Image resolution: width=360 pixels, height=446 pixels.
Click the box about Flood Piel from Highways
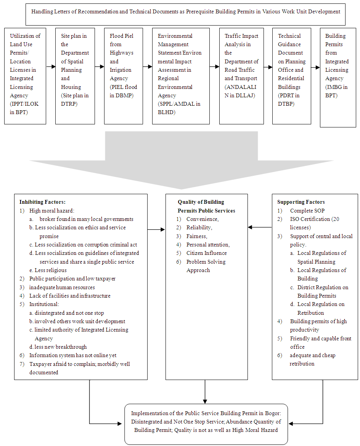pyautogui.click(x=124, y=76)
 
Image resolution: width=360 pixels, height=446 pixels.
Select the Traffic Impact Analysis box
pyautogui.click(x=241, y=76)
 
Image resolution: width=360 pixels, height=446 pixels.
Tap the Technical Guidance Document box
pyautogui.click(x=292, y=76)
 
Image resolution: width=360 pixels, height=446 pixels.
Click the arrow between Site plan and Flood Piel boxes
pyautogui.click(x=100, y=67)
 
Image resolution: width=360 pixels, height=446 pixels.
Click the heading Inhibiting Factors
pyautogui.click(x=42, y=202)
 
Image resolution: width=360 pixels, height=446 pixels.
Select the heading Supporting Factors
pyautogui.click(x=301, y=202)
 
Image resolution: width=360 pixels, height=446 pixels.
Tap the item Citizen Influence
pyautogui.click(x=206, y=253)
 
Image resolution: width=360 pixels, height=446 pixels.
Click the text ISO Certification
pyautogui.click(x=310, y=219)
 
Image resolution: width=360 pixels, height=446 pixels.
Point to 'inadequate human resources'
pyautogui.click(x=62, y=287)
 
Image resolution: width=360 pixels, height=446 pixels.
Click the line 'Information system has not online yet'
pyautogui.click(x=73, y=355)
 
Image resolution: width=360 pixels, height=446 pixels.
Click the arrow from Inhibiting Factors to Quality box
pyautogui.click(x=156, y=230)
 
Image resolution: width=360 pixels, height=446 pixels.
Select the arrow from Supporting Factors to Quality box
pyautogui.click(x=260, y=227)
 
